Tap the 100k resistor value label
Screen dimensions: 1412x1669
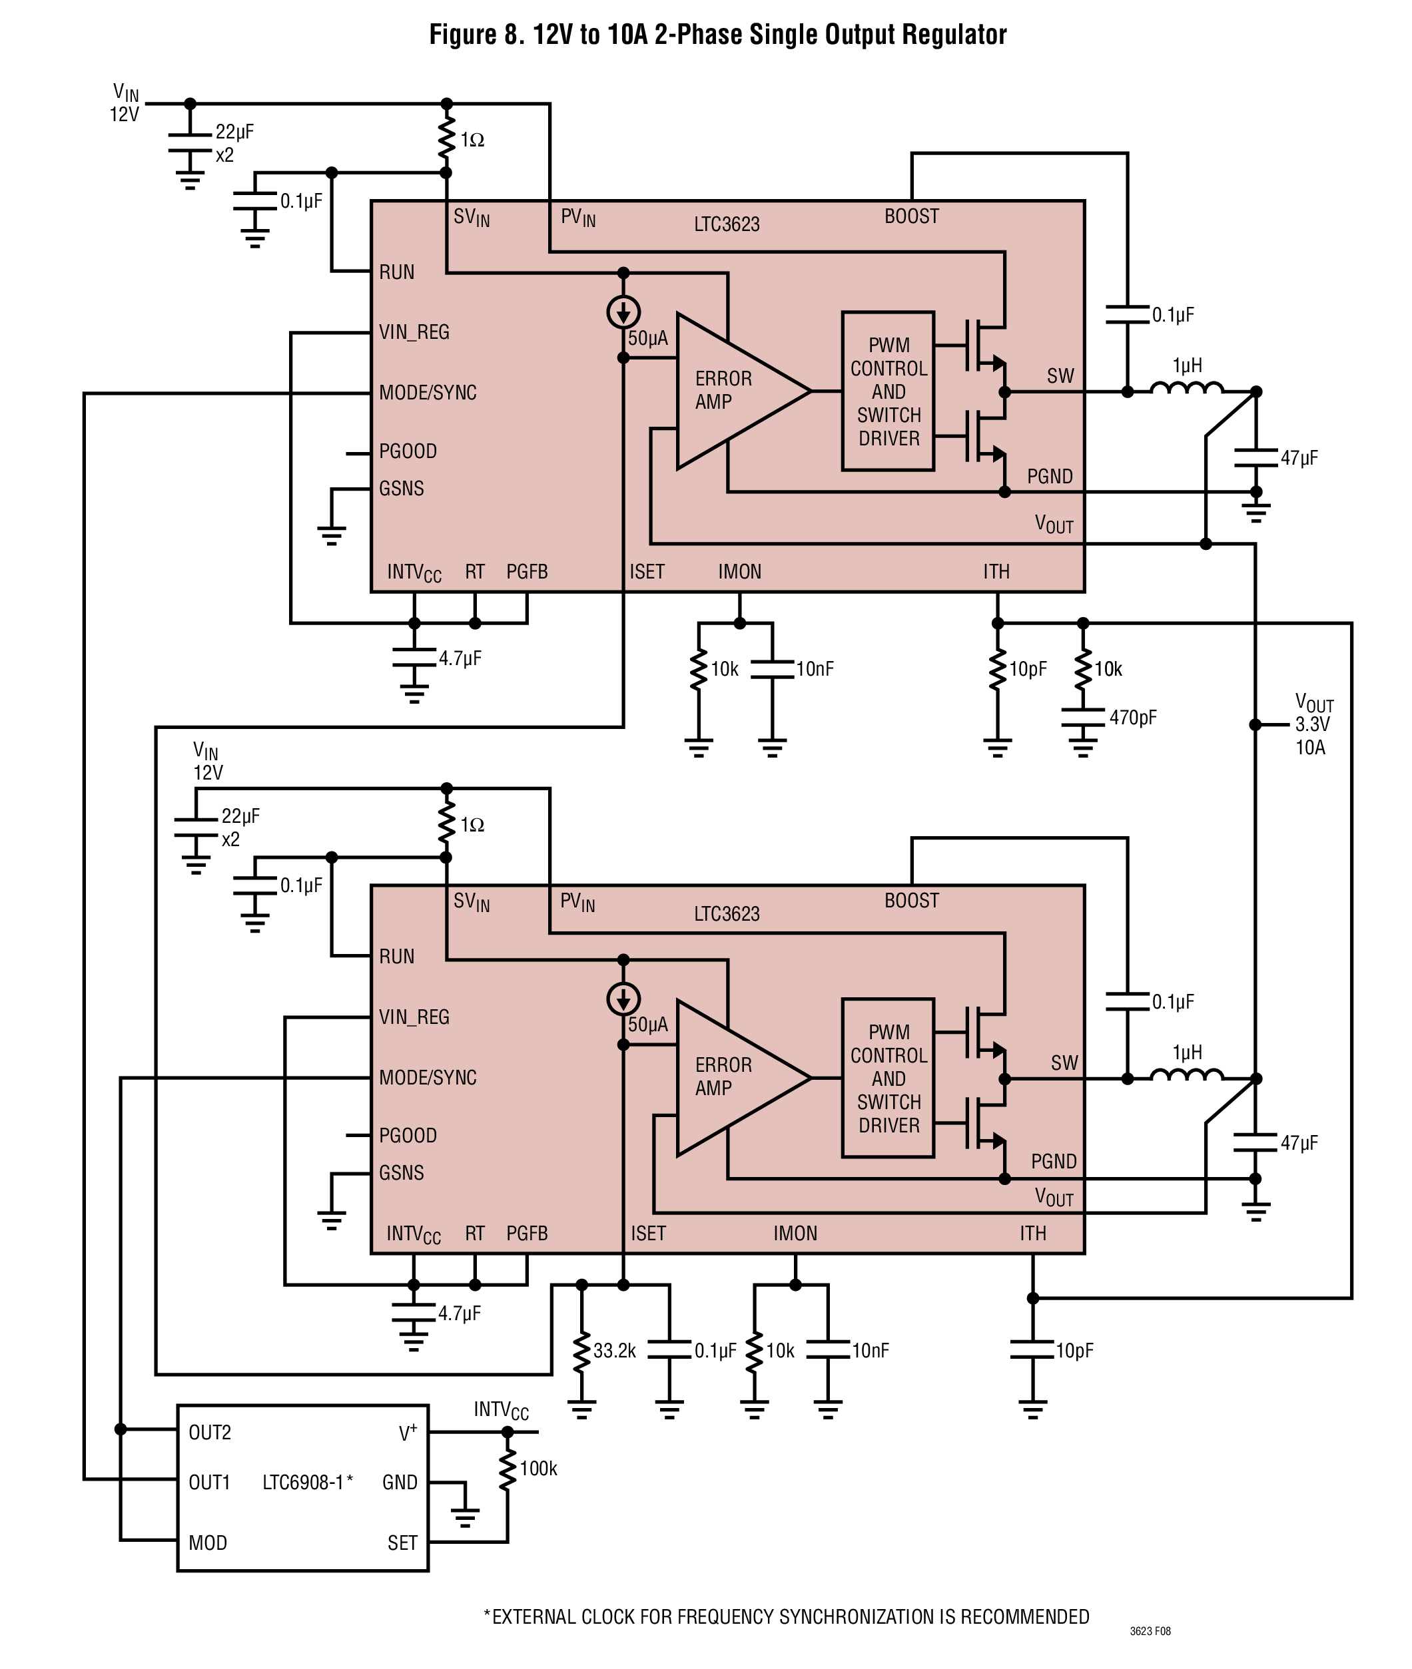click(538, 1468)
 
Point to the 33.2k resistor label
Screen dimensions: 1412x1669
click(615, 1351)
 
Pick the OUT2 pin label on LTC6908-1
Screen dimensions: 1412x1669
click(210, 1432)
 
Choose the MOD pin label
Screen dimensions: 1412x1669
click(207, 1543)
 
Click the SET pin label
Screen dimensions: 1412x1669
click(403, 1543)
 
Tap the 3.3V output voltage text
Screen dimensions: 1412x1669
click(1313, 724)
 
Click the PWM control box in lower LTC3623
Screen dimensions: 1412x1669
click(888, 1078)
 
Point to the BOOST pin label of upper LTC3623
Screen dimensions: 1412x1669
click(912, 216)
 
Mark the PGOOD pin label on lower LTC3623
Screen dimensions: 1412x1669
click(408, 1135)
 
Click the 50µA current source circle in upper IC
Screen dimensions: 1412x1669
click(623, 312)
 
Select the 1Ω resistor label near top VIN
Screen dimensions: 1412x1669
click(472, 140)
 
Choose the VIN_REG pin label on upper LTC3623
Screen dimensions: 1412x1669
click(414, 332)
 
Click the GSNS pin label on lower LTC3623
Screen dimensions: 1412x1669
click(402, 1173)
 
